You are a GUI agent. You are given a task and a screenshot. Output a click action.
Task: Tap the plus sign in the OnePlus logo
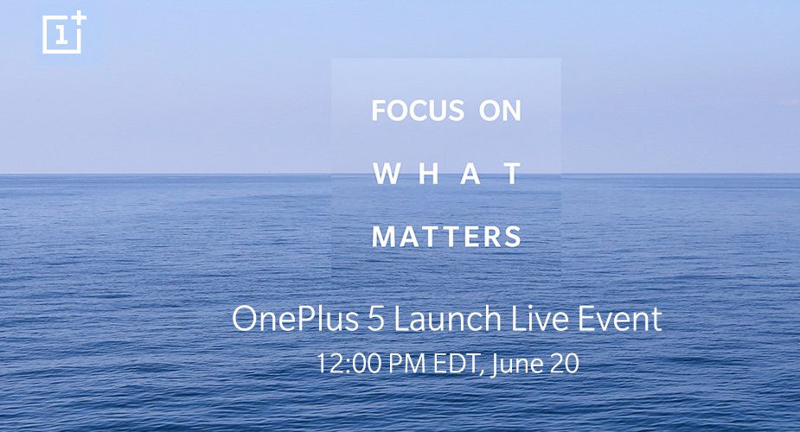pyautogui.click(x=80, y=18)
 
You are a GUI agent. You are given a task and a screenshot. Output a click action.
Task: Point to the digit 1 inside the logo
pyautogui.click(x=61, y=35)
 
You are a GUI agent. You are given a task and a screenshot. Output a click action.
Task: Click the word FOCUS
pyautogui.click(x=418, y=111)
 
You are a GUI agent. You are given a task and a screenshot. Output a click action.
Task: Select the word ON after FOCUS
pyautogui.click(x=500, y=111)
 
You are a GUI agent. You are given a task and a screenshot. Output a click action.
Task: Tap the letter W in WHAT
pyautogui.click(x=387, y=174)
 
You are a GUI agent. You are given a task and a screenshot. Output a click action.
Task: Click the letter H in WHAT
pyautogui.click(x=429, y=174)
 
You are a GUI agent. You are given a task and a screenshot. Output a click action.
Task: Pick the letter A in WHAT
pyautogui.click(x=470, y=174)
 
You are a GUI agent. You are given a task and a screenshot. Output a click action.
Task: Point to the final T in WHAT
pyautogui.click(x=512, y=174)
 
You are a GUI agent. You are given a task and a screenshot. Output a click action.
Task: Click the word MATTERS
pyautogui.click(x=447, y=237)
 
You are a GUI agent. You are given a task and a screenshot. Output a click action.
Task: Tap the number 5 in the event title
pyautogui.click(x=376, y=320)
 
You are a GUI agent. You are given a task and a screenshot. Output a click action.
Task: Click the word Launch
pyautogui.click(x=447, y=319)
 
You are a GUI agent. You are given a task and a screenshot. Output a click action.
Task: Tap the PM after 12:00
pyautogui.click(x=406, y=364)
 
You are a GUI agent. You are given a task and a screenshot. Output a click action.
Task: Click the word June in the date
pyautogui.click(x=515, y=365)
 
